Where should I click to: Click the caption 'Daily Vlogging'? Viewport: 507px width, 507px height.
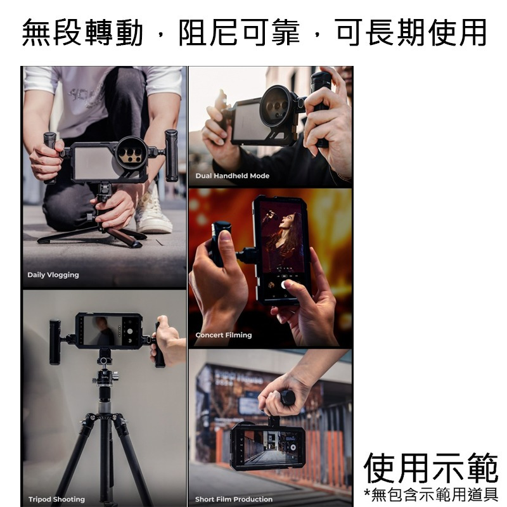pyautogui.click(x=53, y=275)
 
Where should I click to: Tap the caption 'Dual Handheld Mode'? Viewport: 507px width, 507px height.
pyautogui.click(x=232, y=176)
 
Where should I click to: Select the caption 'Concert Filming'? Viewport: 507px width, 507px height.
pyautogui.click(x=223, y=335)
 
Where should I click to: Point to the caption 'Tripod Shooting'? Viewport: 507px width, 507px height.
pyautogui.click(x=56, y=499)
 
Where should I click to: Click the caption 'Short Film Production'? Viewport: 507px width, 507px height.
pyautogui.click(x=234, y=499)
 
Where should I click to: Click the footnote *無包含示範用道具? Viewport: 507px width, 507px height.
pyautogui.click(x=431, y=494)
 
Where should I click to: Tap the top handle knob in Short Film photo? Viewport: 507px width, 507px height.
pyautogui.click(x=288, y=398)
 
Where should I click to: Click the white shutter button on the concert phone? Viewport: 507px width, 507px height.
pyautogui.click(x=285, y=285)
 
